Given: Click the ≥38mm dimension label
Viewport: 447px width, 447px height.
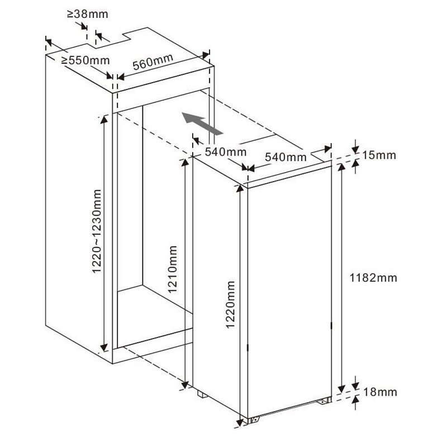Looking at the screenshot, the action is [x=88, y=14].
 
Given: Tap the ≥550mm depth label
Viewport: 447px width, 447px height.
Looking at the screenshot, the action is [x=85, y=60].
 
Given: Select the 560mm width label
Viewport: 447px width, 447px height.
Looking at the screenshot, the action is [x=153, y=61].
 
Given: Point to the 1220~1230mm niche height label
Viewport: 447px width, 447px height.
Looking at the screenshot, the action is [x=97, y=231].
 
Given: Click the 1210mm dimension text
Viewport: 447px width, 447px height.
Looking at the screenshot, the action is [x=173, y=269].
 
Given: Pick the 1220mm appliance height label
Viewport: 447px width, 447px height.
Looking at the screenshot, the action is [x=230, y=305].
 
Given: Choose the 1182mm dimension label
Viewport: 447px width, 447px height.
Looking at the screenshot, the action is [x=373, y=278].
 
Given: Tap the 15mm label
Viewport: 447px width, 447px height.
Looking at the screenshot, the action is [x=379, y=155].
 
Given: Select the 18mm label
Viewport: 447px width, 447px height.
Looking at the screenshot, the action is [x=380, y=392].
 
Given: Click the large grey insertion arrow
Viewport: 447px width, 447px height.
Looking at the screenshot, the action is [x=202, y=123].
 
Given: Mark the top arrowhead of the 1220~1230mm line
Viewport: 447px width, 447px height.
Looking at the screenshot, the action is [x=104, y=120].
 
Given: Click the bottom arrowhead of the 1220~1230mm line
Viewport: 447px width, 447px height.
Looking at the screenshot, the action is [x=104, y=348].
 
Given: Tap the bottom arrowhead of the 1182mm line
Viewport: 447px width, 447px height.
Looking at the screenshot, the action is [x=341, y=388].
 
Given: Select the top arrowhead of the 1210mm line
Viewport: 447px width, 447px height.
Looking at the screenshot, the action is [x=185, y=163].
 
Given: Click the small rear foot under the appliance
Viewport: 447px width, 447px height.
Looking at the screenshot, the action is [x=202, y=394].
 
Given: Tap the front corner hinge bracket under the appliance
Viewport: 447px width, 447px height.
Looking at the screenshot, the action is [x=255, y=420].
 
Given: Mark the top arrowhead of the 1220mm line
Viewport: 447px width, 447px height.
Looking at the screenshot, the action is [x=240, y=188].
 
